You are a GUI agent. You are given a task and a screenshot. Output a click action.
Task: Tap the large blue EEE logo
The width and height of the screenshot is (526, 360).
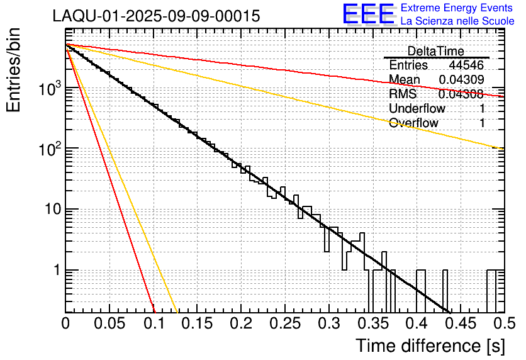368,14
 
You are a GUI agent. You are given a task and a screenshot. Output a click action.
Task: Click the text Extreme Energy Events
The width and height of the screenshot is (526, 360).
457,8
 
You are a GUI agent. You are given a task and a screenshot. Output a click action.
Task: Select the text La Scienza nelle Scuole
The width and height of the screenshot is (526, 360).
457,21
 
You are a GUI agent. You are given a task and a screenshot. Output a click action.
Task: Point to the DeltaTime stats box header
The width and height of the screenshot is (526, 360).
436,51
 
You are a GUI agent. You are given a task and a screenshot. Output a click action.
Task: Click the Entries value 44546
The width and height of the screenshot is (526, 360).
466,65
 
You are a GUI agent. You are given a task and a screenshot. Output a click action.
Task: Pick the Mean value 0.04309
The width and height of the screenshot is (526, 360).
461,80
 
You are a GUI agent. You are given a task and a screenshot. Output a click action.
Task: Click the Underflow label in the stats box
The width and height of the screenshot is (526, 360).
417,109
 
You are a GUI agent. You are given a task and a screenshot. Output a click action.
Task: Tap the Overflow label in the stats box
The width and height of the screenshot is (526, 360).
413,123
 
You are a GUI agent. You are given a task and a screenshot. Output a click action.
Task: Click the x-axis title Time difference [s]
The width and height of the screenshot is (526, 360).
430,346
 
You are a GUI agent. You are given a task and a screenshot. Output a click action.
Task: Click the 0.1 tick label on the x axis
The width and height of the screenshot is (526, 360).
153,324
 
